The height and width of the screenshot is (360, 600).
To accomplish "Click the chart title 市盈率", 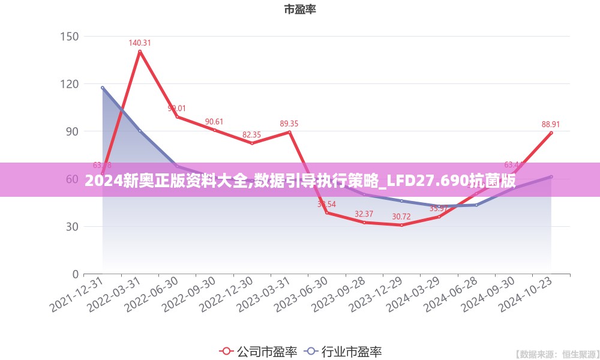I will [x=300, y=10].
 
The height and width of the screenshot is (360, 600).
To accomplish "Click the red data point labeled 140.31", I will [x=140, y=52].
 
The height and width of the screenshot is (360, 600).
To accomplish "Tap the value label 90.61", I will [x=214, y=122].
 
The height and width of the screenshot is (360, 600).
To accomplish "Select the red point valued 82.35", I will [x=252, y=143].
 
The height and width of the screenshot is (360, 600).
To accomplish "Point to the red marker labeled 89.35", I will [x=289, y=132].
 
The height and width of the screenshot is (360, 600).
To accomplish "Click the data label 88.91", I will [x=551, y=125].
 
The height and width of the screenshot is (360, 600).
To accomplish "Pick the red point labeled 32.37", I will [x=364, y=223].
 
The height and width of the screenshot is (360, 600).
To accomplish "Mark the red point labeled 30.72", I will [x=401, y=225].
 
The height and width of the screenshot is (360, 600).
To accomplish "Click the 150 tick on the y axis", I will [x=70, y=36].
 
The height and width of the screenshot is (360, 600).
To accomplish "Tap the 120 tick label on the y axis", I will [x=70, y=84].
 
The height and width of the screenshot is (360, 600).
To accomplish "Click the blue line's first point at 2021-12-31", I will [x=103, y=88].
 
